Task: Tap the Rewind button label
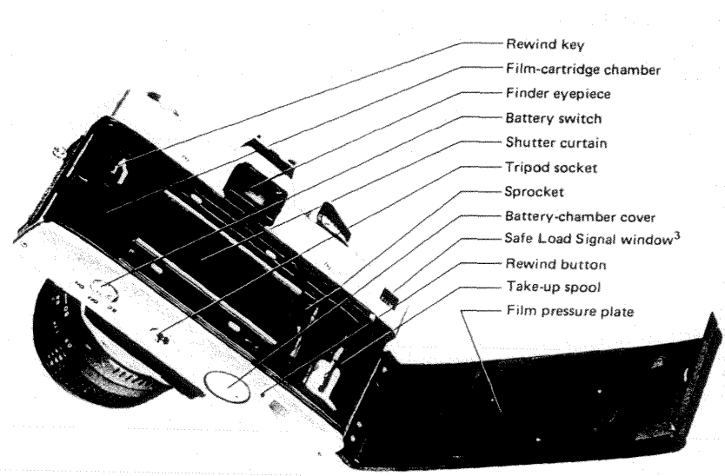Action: pos(543,262)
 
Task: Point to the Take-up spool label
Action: pos(542,285)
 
